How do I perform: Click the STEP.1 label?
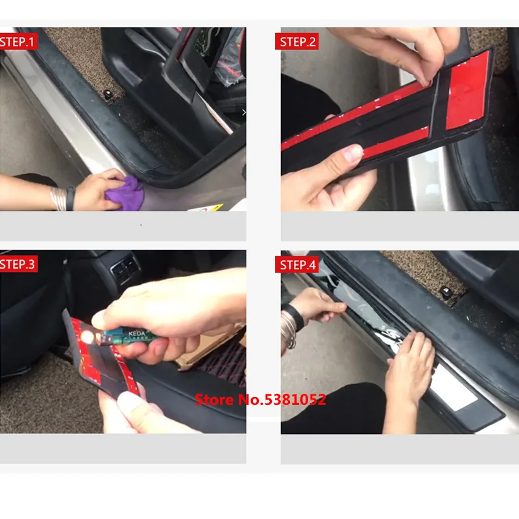(x=18, y=42)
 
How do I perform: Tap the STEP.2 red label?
(x=297, y=42)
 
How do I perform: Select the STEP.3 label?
(x=18, y=264)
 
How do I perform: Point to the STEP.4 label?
(x=297, y=265)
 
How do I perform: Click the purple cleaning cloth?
(x=127, y=193)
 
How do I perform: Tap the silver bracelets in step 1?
(x=58, y=199)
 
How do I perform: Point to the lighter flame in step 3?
(x=88, y=337)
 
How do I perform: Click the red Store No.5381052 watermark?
(x=260, y=400)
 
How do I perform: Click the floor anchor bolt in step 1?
(x=108, y=95)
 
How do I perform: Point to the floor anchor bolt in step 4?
(x=446, y=291)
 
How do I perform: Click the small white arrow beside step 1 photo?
(x=244, y=112)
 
